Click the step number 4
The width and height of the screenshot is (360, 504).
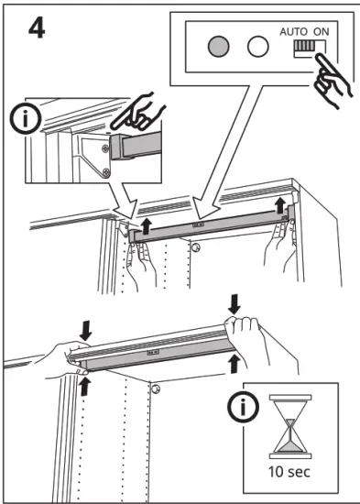(x=37, y=27)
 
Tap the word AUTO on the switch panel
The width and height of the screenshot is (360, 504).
(x=293, y=32)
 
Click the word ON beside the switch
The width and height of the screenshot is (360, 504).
(x=322, y=32)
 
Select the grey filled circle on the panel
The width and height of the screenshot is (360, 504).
(x=219, y=47)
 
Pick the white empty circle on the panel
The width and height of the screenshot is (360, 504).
(x=257, y=47)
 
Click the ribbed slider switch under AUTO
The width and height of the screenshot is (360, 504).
(x=304, y=46)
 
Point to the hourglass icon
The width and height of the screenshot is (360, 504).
(x=290, y=426)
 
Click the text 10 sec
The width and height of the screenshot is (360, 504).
(x=289, y=472)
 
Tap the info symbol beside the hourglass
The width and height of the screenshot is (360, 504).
(x=243, y=407)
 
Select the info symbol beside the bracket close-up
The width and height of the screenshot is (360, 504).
(x=26, y=118)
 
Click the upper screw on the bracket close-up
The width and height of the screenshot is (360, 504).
(x=105, y=148)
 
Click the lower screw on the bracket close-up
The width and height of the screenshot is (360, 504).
(x=106, y=173)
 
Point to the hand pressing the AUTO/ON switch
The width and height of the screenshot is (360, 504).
(x=331, y=81)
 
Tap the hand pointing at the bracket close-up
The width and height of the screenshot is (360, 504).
(x=138, y=112)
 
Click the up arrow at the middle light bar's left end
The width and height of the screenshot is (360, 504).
(x=147, y=226)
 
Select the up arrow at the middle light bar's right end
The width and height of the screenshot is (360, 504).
(x=280, y=205)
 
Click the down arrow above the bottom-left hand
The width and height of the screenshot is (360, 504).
(x=86, y=332)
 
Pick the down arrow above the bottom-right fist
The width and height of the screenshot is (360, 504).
(x=234, y=304)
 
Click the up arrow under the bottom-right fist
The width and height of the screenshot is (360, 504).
(x=235, y=364)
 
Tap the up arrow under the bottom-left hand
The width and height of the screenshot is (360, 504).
(x=84, y=386)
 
